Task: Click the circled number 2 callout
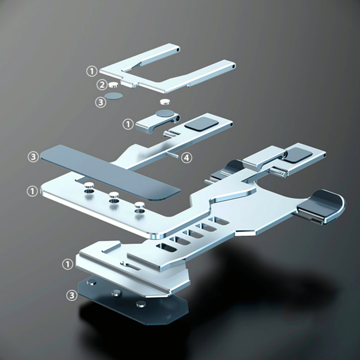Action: [x=102, y=84]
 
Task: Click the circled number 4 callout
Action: [x=186, y=158]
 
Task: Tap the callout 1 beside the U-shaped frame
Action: [x=92, y=71]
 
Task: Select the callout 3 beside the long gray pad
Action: [x=33, y=157]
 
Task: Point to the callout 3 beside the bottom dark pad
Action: [x=72, y=295]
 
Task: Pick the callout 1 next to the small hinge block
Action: [x=128, y=124]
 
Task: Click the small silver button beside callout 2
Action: [x=113, y=84]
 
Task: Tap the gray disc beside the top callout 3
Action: [x=113, y=96]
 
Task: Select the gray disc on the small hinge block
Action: [x=165, y=113]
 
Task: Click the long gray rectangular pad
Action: [x=110, y=172]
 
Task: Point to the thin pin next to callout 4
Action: [x=173, y=154]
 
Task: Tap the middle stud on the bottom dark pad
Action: [x=116, y=293]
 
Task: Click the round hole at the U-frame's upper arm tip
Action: [x=178, y=49]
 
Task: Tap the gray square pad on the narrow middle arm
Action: [x=201, y=124]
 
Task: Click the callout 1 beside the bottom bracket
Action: [x=68, y=264]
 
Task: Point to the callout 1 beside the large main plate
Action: [x=32, y=191]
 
